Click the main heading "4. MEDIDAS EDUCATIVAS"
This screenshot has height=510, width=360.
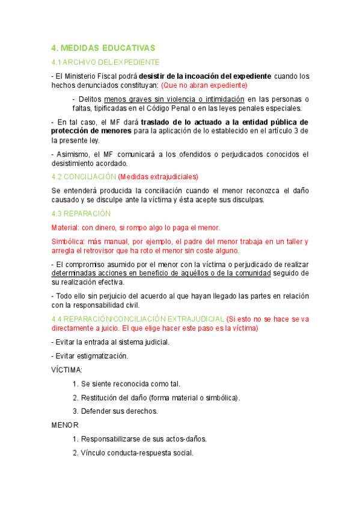103,48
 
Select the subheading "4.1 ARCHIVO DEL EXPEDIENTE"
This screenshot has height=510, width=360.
105,62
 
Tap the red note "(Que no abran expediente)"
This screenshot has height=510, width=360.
205,85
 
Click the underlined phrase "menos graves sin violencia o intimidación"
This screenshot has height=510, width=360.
174,99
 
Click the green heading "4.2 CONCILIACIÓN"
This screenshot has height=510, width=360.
84,177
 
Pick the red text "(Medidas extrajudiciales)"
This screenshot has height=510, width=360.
158,177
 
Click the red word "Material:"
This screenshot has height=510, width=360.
67,227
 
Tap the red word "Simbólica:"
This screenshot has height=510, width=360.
70,241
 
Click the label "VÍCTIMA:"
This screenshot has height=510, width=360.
67,369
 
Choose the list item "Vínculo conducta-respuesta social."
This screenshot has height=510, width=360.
137,453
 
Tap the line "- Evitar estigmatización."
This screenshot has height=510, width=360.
90,355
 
